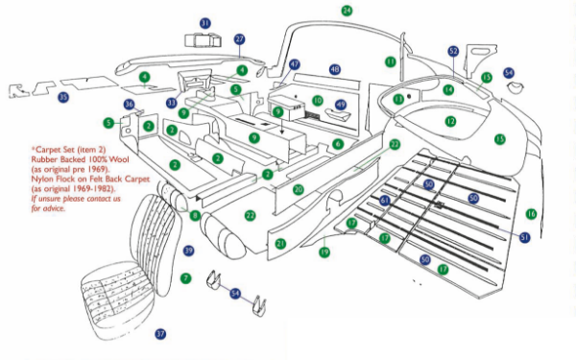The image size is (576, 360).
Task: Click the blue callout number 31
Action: point(205,22)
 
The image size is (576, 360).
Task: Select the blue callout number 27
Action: point(240,39)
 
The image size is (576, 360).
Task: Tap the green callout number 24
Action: point(347,11)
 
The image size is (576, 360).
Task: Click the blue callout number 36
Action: point(129,104)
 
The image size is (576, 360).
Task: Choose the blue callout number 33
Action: point(171,102)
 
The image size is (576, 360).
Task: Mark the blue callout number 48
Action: point(334,70)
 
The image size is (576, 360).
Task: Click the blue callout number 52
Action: point(453,51)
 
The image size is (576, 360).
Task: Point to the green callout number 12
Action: point(450,122)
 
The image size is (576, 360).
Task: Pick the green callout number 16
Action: point(531,213)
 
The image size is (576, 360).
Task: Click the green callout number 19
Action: point(324,252)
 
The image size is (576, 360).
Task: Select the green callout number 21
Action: point(280,244)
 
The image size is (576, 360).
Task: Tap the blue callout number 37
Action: point(160,334)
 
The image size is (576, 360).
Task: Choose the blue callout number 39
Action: point(189,251)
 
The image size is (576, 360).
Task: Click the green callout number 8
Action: point(195,216)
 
